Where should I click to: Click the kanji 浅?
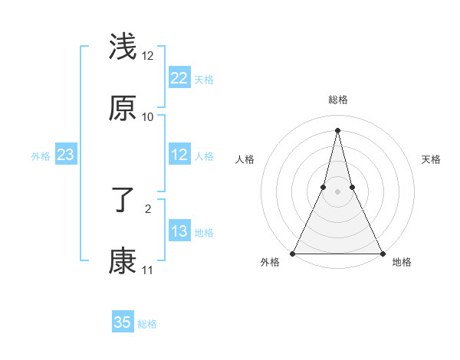[123, 47]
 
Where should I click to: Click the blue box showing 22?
[179, 78]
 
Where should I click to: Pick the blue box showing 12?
[179, 155]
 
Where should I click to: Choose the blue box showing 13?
[179, 232]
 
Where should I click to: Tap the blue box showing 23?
[66, 155]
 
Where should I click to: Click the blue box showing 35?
[123, 322]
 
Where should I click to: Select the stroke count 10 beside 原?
[148, 117]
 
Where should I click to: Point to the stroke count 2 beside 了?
[148, 208]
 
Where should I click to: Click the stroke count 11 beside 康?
[147, 270]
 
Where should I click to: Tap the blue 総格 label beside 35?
[148, 324]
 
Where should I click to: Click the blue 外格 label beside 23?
[41, 156]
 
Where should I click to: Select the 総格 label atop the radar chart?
[337, 100]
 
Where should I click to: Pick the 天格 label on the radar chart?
[431, 159]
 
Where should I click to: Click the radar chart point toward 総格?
[337, 129]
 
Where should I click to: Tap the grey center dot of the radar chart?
[337, 191]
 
